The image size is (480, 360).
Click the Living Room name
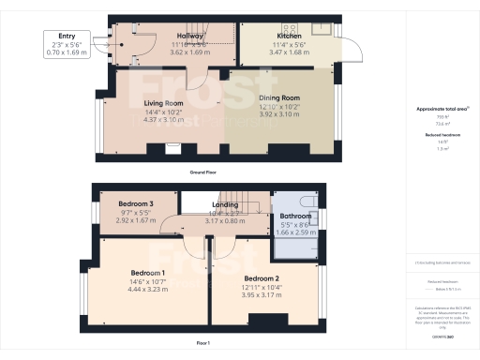coord(163,103)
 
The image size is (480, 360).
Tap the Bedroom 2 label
coord(262,278)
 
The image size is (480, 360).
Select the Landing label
coord(225,204)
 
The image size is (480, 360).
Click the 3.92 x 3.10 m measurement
coord(278,113)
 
